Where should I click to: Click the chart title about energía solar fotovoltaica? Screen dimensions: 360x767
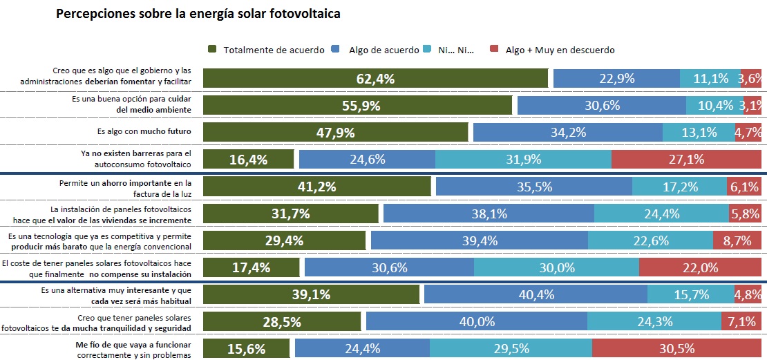coord(198,13)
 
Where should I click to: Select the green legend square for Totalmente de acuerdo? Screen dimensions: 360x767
coord(212,49)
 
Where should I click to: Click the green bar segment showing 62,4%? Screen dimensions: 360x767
coord(375,79)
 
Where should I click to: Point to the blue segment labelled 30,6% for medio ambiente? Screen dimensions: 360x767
coord(601,105)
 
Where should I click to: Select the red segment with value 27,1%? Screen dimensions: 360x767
coord(686,159)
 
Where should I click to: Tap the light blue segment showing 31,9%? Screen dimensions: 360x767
coord(523,159)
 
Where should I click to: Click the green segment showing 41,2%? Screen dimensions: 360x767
coord(317,186)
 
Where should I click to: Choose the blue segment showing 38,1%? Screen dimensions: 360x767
coord(488,213)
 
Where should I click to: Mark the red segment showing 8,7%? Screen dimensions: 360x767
coord(737,240)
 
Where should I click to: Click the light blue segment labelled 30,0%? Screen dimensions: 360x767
coord(556,267)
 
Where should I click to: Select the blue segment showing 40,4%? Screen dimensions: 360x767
coord(536,294)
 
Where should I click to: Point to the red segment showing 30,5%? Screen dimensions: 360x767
coord(676,348)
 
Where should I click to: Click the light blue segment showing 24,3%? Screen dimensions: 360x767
coord(653,321)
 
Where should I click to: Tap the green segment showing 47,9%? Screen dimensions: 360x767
coord(336,132)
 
